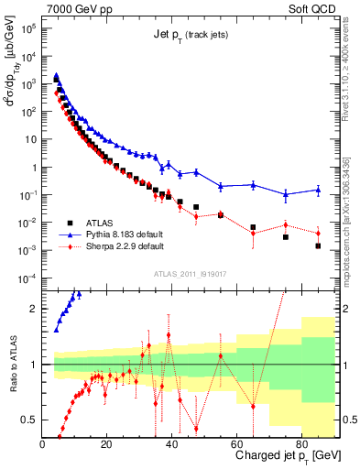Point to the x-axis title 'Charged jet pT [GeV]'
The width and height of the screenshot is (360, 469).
(289, 455)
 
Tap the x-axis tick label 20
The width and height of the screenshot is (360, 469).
(107, 443)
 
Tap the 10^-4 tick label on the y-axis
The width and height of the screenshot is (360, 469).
(29, 278)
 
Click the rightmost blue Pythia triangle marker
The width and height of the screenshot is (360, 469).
(318, 191)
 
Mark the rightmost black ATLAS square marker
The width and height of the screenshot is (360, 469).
(318, 245)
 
